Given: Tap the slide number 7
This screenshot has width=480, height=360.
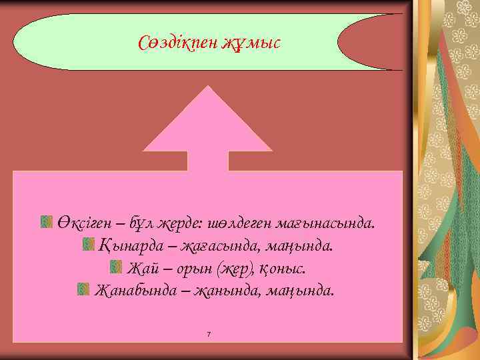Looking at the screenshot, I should tap(209, 333).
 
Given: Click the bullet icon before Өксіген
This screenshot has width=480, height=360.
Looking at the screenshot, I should tap(47, 221).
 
